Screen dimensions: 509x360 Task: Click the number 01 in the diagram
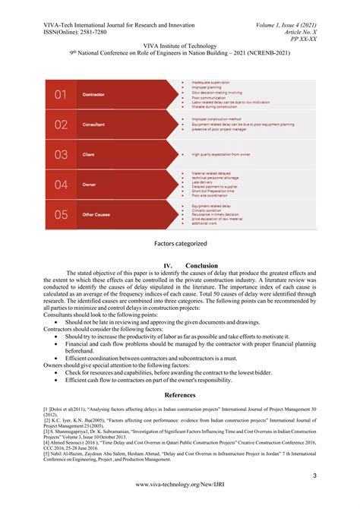click(x=62, y=94)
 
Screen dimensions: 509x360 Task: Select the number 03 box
click(x=62, y=154)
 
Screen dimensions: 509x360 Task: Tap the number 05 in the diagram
click(x=62, y=215)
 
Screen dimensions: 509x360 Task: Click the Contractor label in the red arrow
click(x=93, y=94)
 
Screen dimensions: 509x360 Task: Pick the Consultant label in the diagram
click(x=94, y=124)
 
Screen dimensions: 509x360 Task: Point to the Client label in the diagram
click(x=89, y=154)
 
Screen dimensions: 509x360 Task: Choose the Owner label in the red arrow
click(x=89, y=185)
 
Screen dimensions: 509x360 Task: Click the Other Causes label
click(x=97, y=215)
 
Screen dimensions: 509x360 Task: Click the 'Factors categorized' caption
click(x=180, y=244)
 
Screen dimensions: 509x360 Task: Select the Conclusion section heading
click(x=201, y=266)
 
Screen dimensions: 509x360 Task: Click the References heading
click(x=180, y=395)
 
